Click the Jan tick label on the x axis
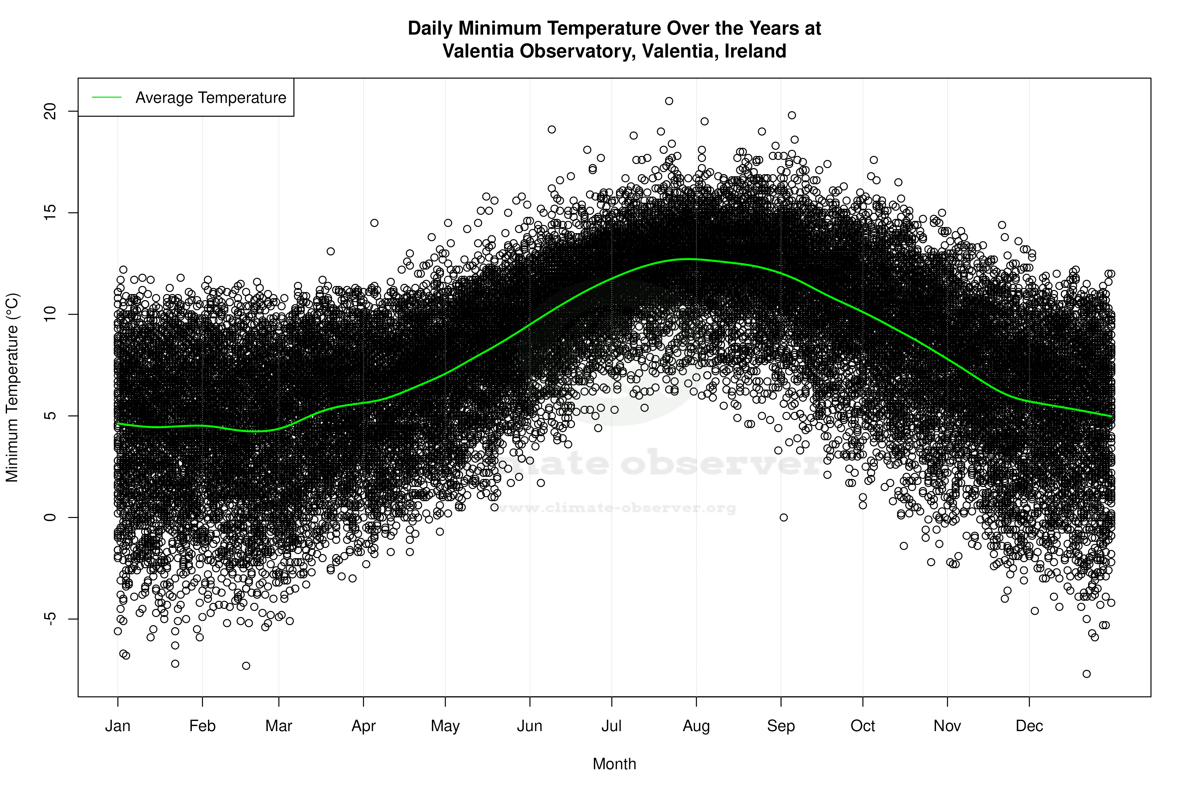click(118, 726)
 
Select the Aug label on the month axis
click(696, 726)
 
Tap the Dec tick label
click(1029, 726)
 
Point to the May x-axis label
click(445, 726)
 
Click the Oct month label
click(862, 726)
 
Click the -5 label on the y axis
click(50, 619)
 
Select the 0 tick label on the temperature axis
click(50, 517)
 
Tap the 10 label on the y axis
click(50, 314)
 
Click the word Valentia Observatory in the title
click(538, 51)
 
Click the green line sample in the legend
click(106, 97)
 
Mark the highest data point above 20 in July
click(669, 101)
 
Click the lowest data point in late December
click(1086, 674)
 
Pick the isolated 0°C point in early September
click(784, 517)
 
